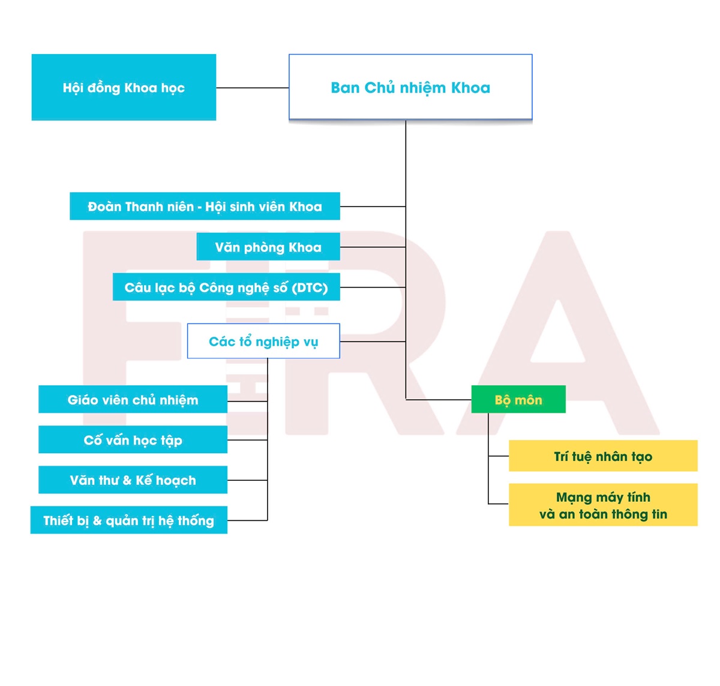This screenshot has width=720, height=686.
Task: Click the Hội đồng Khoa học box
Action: pos(124,88)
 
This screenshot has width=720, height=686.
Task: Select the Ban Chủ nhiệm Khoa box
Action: pos(410,88)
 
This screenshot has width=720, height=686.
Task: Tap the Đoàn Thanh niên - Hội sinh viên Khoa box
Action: pos(205,206)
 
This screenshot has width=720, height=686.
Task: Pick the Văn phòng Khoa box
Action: pos(268,247)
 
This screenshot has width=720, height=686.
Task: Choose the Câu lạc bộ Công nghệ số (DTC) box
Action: pos(226,287)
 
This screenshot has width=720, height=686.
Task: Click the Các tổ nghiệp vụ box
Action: pos(263,341)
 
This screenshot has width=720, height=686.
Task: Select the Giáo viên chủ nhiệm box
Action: pos(133,400)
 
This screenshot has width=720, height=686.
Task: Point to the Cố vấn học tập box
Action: pos(133,440)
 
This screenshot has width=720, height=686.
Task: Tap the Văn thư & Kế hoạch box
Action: pos(133,480)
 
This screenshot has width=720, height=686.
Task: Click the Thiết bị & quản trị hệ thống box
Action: pos(128,520)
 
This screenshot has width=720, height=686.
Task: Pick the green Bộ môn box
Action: pos(518,400)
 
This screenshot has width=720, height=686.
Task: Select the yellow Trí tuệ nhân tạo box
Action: pos(603,456)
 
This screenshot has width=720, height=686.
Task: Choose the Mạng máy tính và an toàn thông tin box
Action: pos(603,505)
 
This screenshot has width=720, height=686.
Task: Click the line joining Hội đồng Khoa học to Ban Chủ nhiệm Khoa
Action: pos(252,88)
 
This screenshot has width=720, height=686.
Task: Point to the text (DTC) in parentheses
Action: pos(310,287)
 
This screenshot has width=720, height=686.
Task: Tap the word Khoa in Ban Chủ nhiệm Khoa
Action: pos(470,88)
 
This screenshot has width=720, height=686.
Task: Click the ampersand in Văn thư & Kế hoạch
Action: pos(127,481)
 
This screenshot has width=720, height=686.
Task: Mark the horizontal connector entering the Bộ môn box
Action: pos(439,399)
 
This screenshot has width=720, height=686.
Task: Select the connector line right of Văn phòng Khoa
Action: pos(373,247)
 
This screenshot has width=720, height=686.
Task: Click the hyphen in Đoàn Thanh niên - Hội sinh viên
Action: pos(199,207)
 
